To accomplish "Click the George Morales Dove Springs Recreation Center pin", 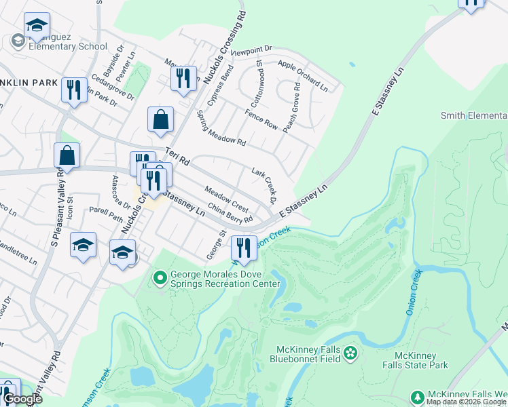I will (160, 277).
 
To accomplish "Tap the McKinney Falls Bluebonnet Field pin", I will (350, 352).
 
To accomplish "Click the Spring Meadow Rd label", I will (221, 129).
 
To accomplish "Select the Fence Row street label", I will (261, 118).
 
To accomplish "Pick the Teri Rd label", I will (179, 158).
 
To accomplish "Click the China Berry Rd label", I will (230, 212).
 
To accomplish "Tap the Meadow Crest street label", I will (226, 197).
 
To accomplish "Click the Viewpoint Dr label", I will (251, 50).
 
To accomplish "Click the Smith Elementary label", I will (474, 115).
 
